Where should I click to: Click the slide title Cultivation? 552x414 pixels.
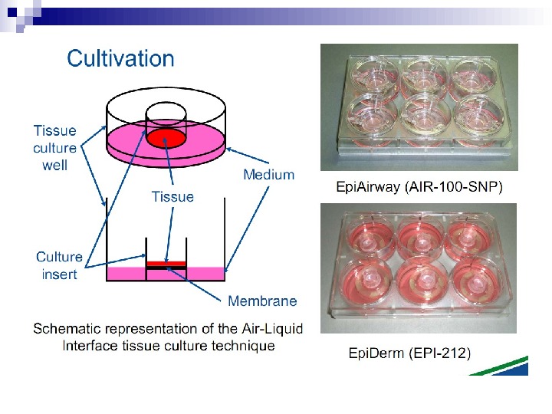tap(120, 58)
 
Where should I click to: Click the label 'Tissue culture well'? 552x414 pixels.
tap(54, 147)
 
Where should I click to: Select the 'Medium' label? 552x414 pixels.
tap(268, 175)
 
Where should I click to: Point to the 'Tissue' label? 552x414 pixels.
tap(172, 197)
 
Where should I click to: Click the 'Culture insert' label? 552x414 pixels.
tap(59, 265)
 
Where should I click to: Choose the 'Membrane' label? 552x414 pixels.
tap(262, 301)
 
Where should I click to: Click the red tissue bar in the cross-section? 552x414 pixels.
tap(166, 262)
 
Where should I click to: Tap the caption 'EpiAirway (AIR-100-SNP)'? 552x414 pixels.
tap(420, 187)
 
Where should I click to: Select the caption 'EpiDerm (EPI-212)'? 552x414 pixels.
tap(409, 353)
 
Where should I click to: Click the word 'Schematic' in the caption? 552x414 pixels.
tap(71, 329)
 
